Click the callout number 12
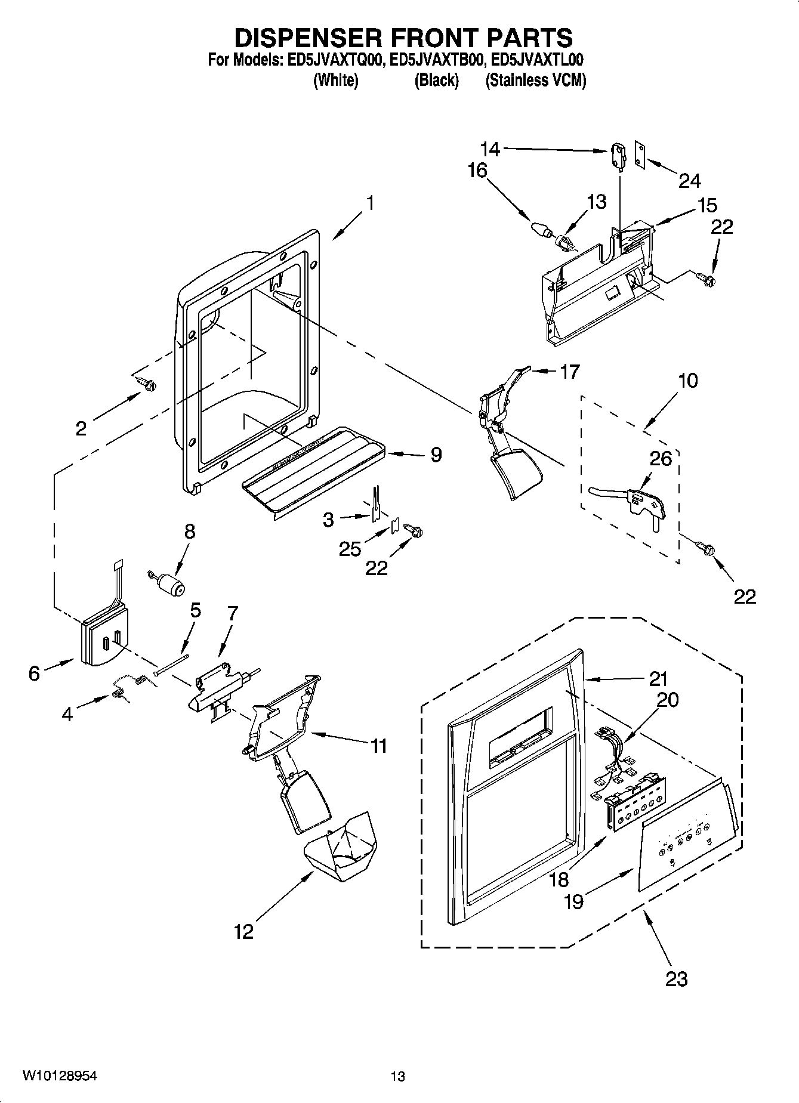click(x=243, y=931)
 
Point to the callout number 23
click(x=676, y=978)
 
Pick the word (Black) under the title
click(x=436, y=81)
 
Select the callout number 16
click(x=477, y=171)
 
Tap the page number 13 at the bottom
click(x=398, y=1076)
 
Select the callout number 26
click(x=661, y=458)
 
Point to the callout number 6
click(x=34, y=673)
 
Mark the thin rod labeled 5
click(x=171, y=663)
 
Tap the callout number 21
click(x=659, y=678)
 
